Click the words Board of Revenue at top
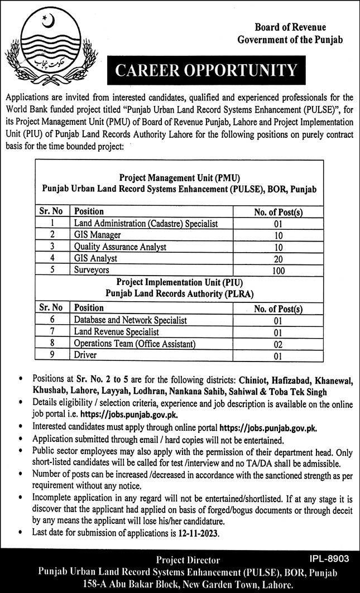(290, 27)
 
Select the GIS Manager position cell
(98, 235)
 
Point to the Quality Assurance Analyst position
(120, 247)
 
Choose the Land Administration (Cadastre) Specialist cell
(145, 223)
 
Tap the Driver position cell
(85, 355)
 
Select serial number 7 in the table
(52, 332)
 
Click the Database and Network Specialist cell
(130, 320)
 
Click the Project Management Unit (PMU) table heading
(179, 178)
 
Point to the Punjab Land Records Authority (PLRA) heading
(179, 293)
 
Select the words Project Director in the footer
(188, 560)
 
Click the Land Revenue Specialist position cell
(116, 332)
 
